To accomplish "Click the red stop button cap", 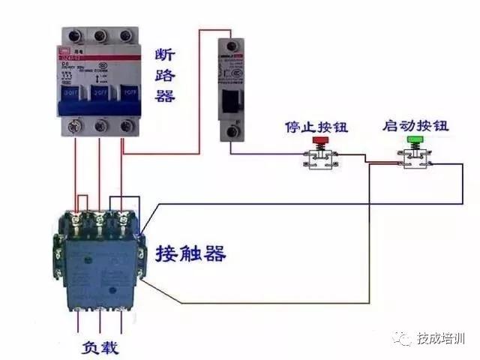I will [x=320, y=140].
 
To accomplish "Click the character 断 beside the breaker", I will [x=165, y=56].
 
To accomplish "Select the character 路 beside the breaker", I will [x=165, y=76].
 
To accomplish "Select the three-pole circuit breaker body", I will [x=100, y=82].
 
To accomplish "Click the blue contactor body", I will [x=100, y=262].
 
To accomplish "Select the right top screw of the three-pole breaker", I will [x=126, y=36].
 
